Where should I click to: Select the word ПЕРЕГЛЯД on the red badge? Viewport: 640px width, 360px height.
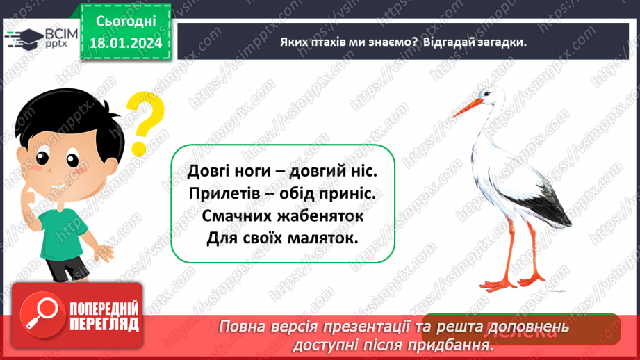click(x=104, y=324)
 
